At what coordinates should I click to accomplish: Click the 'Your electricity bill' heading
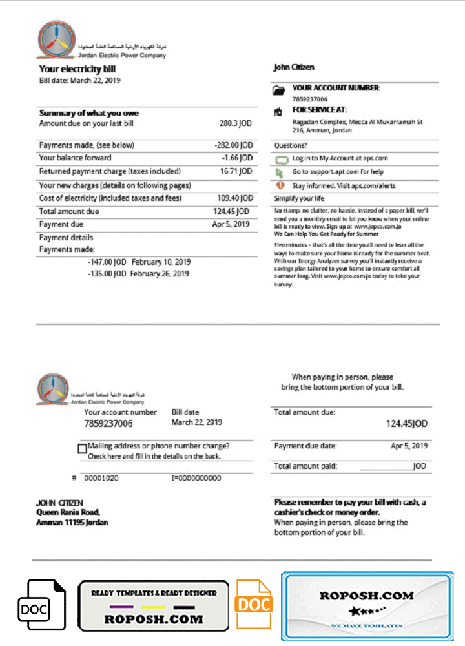click(77, 69)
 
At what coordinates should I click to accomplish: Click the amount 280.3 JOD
click(235, 123)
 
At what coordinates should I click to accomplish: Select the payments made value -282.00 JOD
click(233, 145)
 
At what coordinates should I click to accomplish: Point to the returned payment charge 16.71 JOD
click(236, 171)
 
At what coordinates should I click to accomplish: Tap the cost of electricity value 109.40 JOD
click(234, 198)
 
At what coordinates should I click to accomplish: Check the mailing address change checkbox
click(82, 448)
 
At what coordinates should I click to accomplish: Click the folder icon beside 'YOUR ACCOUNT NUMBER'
click(279, 91)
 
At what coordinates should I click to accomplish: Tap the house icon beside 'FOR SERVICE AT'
click(279, 111)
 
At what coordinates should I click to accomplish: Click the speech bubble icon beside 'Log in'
click(280, 159)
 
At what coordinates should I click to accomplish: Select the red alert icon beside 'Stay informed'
click(280, 185)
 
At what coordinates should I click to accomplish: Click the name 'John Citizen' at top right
click(294, 67)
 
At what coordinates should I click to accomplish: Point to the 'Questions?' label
click(291, 146)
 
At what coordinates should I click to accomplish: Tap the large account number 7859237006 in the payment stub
click(108, 424)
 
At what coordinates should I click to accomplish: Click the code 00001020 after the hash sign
click(101, 478)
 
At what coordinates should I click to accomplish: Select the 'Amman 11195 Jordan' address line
click(72, 523)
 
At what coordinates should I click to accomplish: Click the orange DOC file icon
click(253, 605)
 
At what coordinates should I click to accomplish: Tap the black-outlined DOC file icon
click(41, 605)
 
